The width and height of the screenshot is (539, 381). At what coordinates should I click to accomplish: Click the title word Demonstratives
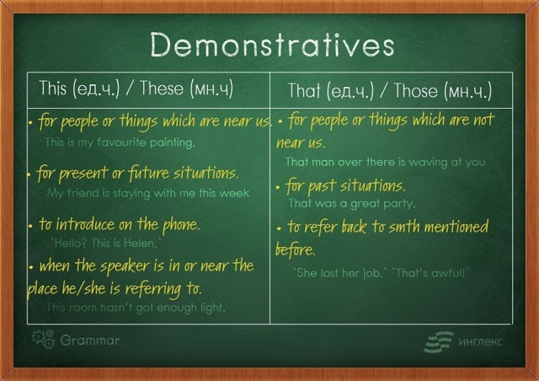pyautogui.click(x=272, y=45)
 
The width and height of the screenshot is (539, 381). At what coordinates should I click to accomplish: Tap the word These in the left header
pyautogui.click(x=162, y=88)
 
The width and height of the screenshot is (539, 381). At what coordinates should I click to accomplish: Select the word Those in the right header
pyautogui.click(x=415, y=90)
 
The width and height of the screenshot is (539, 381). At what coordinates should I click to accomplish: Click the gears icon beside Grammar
pyautogui.click(x=43, y=340)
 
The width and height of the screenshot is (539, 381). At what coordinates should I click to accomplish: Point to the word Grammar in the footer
pyautogui.click(x=90, y=341)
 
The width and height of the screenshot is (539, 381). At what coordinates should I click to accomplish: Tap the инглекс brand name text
pyautogui.click(x=481, y=341)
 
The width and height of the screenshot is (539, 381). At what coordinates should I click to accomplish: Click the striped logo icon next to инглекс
pyautogui.click(x=439, y=342)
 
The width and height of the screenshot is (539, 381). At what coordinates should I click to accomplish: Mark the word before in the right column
pyautogui.click(x=296, y=250)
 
